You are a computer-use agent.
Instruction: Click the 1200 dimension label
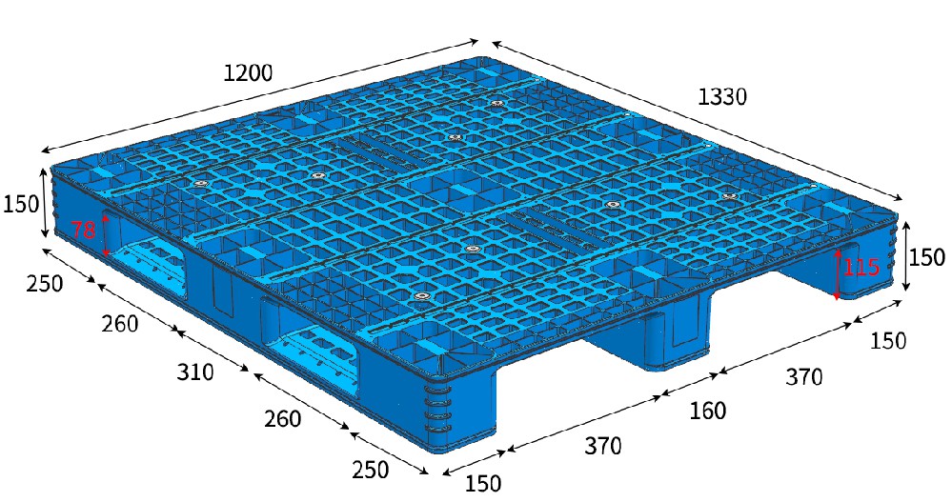pyautogui.click(x=249, y=73)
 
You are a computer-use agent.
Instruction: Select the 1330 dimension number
pyautogui.click(x=722, y=97)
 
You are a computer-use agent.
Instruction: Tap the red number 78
pyautogui.click(x=83, y=231)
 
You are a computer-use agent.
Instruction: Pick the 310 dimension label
pyautogui.click(x=195, y=372)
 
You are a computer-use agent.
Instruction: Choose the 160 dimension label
pyautogui.click(x=707, y=411)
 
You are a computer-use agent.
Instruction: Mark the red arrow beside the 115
pyautogui.click(x=838, y=273)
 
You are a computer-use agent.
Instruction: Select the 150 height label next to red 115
pyautogui.click(x=926, y=257)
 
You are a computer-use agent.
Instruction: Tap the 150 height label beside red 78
pyautogui.click(x=21, y=205)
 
